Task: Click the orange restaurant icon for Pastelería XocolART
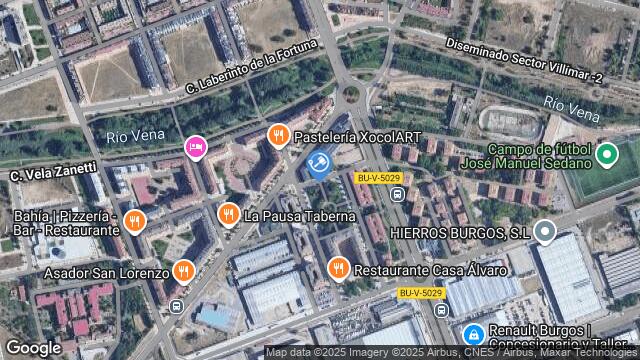278,134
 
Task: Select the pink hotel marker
195,149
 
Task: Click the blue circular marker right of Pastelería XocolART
320,163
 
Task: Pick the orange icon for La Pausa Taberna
229,215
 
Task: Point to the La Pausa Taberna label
300,216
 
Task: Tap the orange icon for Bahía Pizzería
136,221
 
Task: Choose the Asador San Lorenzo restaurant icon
183,271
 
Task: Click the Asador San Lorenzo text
91,272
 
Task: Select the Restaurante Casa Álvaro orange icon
339,269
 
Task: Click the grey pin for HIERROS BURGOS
545,233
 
